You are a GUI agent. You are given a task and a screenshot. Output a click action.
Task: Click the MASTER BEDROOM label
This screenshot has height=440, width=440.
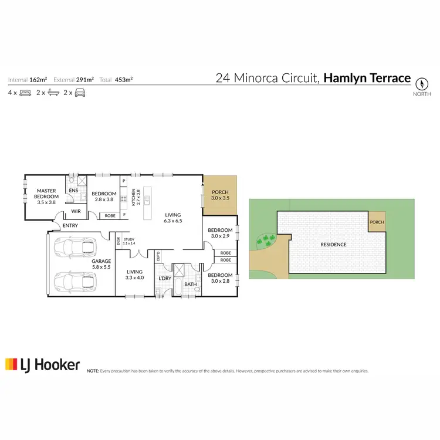(x=46, y=196)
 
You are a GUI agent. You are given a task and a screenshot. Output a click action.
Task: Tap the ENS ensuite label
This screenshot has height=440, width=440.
(x=74, y=190)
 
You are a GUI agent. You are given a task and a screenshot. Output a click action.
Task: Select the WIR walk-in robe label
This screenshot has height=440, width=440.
(x=76, y=211)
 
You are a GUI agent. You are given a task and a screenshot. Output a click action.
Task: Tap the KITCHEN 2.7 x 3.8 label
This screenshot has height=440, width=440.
(x=136, y=198)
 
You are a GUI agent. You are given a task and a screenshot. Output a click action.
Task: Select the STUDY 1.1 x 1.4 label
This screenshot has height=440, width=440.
(x=129, y=241)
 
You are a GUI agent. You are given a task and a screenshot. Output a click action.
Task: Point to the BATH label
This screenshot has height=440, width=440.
(x=191, y=285)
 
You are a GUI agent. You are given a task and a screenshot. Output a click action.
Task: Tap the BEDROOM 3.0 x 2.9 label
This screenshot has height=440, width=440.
(x=221, y=233)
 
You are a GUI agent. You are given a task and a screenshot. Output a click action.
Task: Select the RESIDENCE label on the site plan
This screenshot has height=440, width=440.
(x=333, y=244)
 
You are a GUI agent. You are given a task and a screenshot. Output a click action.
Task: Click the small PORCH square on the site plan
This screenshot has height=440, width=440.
(x=377, y=222)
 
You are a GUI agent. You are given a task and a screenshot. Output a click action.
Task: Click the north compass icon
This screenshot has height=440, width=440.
(x=422, y=83)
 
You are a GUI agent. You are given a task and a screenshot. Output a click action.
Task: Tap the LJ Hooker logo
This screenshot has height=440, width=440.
(x=42, y=364)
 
